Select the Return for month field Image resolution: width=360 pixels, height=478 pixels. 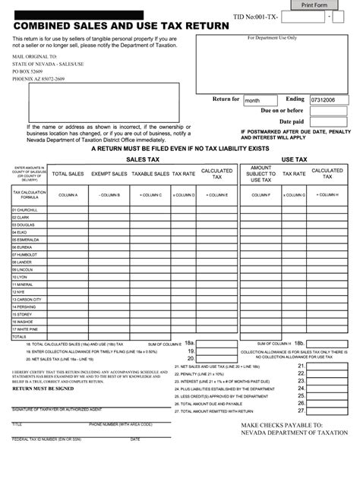[261, 99]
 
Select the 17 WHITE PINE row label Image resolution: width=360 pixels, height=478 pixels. [27, 329]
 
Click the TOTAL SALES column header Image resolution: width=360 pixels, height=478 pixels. [67, 174]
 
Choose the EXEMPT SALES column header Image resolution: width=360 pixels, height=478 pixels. [109, 174]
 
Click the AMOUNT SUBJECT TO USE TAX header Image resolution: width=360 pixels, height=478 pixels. [261, 174]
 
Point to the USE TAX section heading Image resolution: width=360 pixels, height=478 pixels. [294, 160]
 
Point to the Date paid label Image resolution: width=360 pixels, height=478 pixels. [291, 121]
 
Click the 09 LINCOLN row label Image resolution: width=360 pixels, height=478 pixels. [23, 269]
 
